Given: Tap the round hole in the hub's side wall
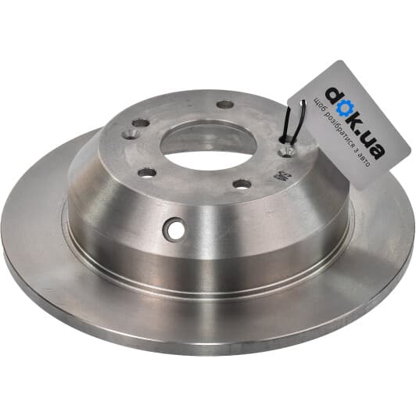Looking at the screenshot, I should (176, 229).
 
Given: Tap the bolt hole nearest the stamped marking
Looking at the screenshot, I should (242, 184).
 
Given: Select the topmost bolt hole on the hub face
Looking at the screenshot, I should (225, 104).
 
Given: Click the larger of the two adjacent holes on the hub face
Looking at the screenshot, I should (140, 123).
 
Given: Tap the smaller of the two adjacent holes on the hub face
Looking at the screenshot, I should (130, 134).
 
